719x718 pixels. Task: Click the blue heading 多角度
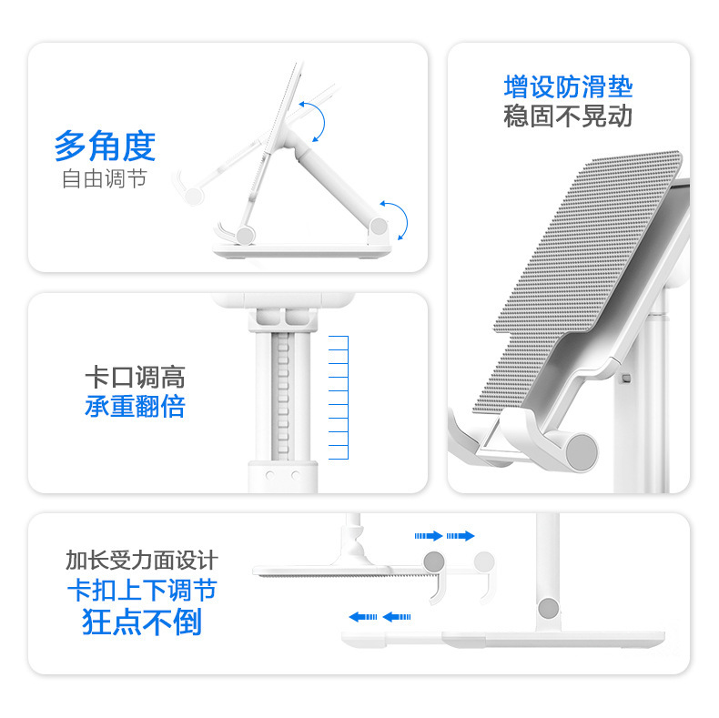[105, 146]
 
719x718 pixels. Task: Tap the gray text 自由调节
[105, 177]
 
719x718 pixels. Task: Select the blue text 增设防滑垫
[568, 87]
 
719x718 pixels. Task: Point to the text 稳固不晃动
[568, 116]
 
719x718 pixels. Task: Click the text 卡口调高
[135, 378]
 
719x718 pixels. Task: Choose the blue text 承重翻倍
[135, 406]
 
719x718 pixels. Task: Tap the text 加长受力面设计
[141, 560]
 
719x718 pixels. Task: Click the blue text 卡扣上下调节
[141, 590]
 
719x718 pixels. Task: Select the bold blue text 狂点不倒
[141, 622]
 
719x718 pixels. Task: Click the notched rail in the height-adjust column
[282, 391]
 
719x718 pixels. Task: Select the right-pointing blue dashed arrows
[445, 536]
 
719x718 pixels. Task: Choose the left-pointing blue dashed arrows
[380, 617]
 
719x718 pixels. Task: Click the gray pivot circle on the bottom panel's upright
[548, 608]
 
